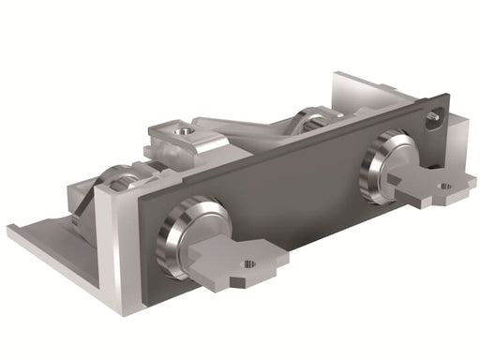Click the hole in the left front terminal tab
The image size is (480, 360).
click(248, 264)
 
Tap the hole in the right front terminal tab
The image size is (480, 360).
click(443, 187)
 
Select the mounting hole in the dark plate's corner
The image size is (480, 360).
click(432, 119)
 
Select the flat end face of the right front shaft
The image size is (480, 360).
click(394, 164)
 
